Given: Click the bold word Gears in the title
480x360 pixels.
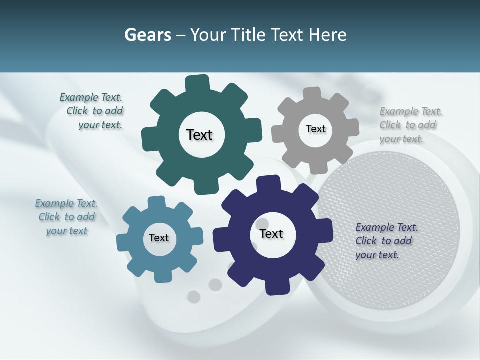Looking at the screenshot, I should pos(147,35).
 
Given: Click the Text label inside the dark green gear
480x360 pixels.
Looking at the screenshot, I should pos(199,135).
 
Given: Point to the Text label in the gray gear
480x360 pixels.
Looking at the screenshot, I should pos(315,129).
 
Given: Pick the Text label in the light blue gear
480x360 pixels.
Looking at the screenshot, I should pos(159,238).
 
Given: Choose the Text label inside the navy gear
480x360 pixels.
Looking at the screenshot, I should pos(271,234).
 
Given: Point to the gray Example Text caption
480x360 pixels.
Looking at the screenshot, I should pos(410,125).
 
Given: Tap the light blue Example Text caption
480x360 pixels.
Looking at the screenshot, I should pos(67,217).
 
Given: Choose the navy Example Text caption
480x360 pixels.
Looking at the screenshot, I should pos(386,241).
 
